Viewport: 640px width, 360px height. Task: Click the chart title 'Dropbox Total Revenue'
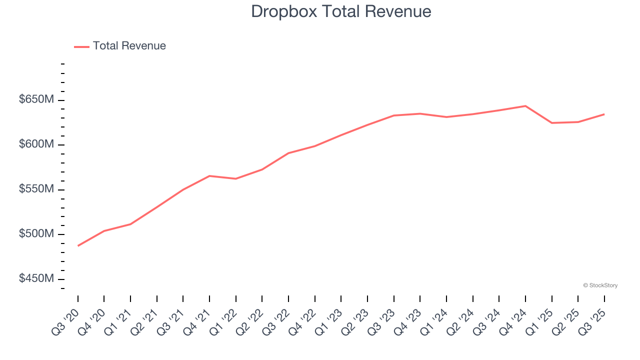pyautogui.click(x=341, y=11)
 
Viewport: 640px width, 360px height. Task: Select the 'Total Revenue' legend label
pyautogui.click(x=129, y=46)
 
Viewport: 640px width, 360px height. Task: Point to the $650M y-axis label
pyautogui.click(x=36, y=99)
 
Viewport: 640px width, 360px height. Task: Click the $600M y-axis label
pyautogui.click(x=36, y=144)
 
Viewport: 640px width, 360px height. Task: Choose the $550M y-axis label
pyautogui.click(x=36, y=189)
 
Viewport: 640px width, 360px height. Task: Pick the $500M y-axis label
pyautogui.click(x=36, y=234)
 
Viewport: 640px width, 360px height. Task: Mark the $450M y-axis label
pyautogui.click(x=36, y=278)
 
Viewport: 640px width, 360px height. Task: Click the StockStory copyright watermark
pyautogui.click(x=600, y=285)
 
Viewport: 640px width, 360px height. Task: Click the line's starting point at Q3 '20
pyautogui.click(x=78, y=245)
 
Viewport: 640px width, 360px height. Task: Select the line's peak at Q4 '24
pyautogui.click(x=525, y=106)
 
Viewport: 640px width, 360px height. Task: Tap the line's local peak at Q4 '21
pyautogui.click(x=209, y=176)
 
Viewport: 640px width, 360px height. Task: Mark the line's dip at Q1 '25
pyautogui.click(x=552, y=123)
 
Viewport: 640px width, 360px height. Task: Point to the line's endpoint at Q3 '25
pyautogui.click(x=604, y=114)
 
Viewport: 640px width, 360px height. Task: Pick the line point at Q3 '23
pyautogui.click(x=394, y=115)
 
